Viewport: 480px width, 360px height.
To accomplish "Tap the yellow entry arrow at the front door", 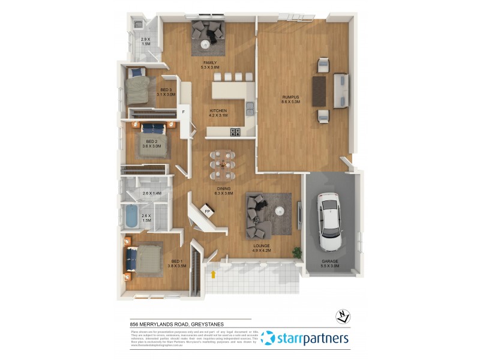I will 213,275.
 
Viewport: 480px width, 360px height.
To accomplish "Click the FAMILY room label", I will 209,62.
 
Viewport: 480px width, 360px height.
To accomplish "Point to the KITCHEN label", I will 217,111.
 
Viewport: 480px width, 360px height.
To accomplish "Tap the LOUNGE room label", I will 261,246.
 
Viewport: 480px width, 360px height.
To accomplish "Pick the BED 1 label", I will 177,261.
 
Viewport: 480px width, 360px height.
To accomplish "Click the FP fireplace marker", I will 207,212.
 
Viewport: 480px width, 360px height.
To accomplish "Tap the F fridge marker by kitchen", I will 184,111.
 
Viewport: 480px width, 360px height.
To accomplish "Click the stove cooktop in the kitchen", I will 233,131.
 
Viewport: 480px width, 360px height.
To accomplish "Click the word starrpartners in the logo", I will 313,339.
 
